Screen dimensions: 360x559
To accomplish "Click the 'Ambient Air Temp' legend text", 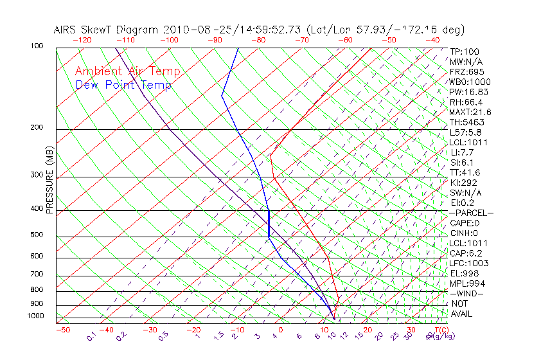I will pos(127,71).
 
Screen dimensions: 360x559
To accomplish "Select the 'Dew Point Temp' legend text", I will pos(123,85).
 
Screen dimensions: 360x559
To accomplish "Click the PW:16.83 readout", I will pos(466,92).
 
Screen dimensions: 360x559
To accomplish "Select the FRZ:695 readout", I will pos(466,71).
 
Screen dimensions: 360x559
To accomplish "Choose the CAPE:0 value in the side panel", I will pos(464,223).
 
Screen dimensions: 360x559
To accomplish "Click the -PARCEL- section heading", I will pos(471,213).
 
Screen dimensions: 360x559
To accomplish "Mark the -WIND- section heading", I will pos(466,294).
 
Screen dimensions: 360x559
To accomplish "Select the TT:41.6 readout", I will pos(465,172).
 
